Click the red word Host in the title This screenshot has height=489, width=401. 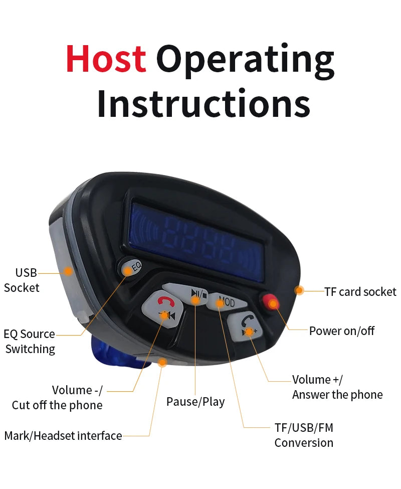[x=106, y=59]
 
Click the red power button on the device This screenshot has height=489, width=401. [x=271, y=302]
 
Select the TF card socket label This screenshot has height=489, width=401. [x=360, y=291]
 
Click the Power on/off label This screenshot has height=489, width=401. [x=341, y=331]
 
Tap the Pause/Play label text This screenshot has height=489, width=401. [x=195, y=402]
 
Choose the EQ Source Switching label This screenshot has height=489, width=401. [x=30, y=341]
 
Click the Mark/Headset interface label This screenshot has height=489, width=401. [x=63, y=436]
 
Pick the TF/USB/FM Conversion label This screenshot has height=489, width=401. [x=304, y=435]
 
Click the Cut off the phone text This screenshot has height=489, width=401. [x=57, y=405]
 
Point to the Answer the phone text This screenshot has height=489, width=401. [x=337, y=395]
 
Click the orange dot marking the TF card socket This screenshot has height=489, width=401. [x=299, y=290]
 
